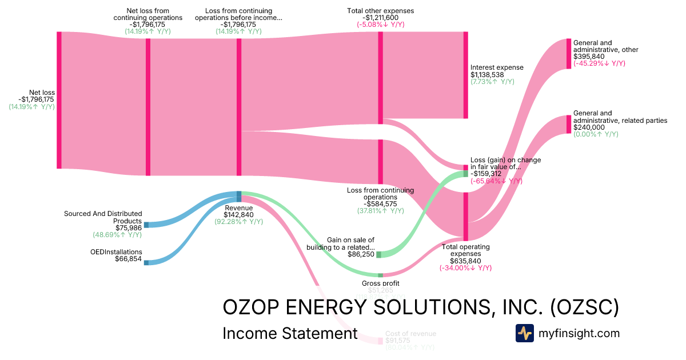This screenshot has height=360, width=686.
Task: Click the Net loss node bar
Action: point(59,100)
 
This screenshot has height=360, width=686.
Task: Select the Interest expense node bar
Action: point(465,75)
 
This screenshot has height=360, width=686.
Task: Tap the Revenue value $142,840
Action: point(239,215)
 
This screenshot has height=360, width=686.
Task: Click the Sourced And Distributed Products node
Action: point(146,225)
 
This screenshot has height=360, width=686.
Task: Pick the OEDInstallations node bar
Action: point(146,262)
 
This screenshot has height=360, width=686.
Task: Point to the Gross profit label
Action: point(380,283)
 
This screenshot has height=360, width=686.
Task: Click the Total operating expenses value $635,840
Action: point(465,261)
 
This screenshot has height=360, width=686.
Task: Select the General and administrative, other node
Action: point(568,53)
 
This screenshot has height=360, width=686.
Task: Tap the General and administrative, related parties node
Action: point(568,124)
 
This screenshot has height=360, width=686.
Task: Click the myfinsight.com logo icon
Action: point(524,333)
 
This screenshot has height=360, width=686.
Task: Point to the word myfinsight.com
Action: point(579,333)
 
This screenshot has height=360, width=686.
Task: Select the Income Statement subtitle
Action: point(290,333)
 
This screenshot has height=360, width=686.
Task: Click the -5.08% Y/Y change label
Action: point(380,25)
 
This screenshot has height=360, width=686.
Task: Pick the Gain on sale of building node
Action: point(378,254)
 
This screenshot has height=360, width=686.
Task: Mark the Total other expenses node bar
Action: point(380,77)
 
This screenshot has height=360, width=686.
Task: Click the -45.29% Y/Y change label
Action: point(599,63)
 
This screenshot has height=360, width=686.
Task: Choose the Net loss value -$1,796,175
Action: point(31,99)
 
